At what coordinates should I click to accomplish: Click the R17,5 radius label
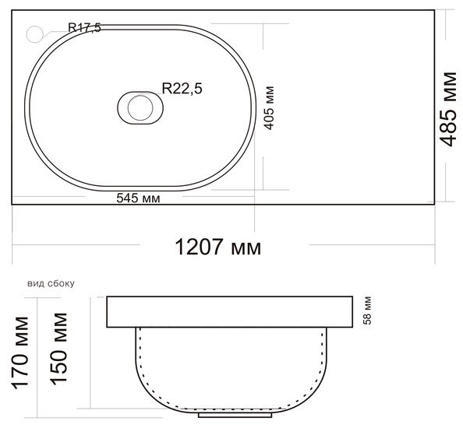pos(84,28)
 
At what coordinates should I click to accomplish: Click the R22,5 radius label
pos(182,88)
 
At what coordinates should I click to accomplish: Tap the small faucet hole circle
pos(35,34)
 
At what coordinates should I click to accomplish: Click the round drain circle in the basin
pos(140,108)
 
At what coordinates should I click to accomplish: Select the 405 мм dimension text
pos(269,108)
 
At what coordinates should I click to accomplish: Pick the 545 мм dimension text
pos(138,198)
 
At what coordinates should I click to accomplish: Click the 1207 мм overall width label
pos(218,247)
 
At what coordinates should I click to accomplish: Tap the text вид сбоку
pos(51,283)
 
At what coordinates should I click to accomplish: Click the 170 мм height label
pos(20,353)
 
